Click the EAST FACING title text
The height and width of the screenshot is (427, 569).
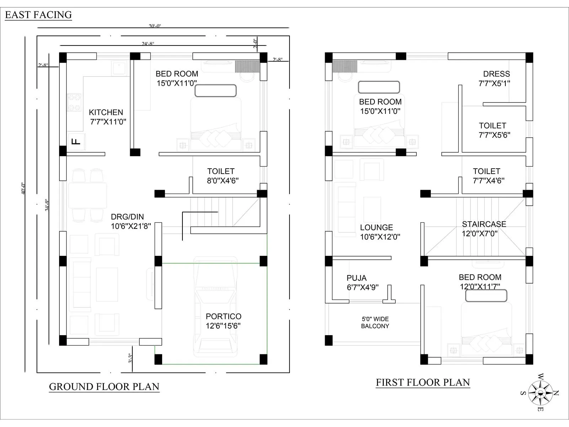(38, 15)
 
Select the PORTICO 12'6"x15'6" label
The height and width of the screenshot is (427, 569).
(223, 321)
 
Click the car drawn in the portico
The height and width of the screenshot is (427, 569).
(215, 306)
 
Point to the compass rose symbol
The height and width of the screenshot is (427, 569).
(540, 393)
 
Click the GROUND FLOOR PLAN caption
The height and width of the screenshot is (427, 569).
(104, 387)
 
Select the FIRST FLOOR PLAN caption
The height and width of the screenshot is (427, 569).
(423, 383)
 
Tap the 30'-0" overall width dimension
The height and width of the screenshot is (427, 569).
(155, 26)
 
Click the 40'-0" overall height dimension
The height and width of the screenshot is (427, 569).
(23, 188)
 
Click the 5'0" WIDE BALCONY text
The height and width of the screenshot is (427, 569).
(375, 322)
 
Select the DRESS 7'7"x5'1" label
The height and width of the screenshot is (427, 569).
(495, 79)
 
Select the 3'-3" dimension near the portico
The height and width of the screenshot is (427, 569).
(131, 358)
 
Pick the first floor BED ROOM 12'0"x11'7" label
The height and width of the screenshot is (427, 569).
(480, 281)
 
